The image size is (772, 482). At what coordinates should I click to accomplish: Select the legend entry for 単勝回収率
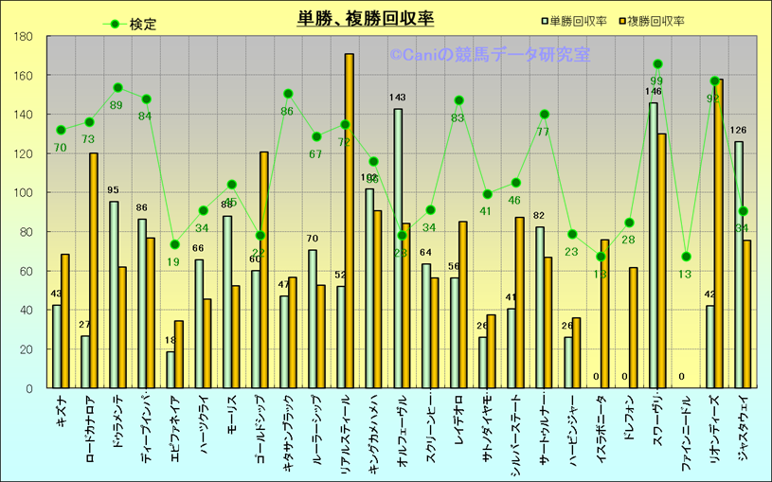click(579, 20)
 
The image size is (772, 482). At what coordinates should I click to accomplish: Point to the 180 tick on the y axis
click(24, 37)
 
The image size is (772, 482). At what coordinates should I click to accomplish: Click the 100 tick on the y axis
click(24, 192)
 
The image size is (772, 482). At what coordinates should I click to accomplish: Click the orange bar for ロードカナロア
click(94, 270)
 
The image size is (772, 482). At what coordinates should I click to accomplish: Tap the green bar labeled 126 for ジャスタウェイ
click(739, 264)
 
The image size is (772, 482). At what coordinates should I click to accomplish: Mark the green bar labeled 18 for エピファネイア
click(171, 369)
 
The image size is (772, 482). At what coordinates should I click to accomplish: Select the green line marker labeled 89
click(117, 88)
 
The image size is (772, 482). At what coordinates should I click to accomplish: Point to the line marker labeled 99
click(657, 64)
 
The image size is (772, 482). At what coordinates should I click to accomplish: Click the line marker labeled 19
click(174, 244)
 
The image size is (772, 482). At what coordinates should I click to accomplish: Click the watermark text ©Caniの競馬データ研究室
click(489, 55)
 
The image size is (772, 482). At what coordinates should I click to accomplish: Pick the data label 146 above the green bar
click(654, 92)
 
